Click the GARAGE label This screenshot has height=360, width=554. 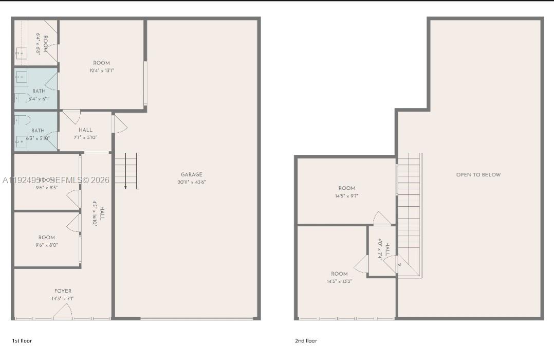tap(191, 174)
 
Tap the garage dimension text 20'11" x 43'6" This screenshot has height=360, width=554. tap(191, 182)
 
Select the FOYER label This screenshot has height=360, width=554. tap(63, 291)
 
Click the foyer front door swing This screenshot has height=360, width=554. tap(62, 311)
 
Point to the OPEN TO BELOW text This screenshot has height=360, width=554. tap(478, 175)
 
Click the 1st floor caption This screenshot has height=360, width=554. tap(22, 340)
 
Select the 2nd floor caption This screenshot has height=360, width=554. tap(306, 340)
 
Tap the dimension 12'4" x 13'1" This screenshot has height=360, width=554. tap(101, 71)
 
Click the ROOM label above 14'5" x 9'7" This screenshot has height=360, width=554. tap(347, 188)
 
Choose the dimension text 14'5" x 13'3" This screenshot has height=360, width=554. tap(339, 281)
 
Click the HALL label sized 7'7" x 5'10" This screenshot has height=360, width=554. tap(86, 130)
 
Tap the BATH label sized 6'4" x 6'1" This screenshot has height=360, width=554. tap(39, 91)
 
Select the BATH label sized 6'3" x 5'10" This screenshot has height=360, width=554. tap(38, 131)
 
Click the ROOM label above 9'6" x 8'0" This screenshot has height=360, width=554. tap(46, 238)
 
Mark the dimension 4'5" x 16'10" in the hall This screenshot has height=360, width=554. tap(95, 213)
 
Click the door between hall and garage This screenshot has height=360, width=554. tap(119, 124)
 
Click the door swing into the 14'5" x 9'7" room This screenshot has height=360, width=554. tap(382, 218)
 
